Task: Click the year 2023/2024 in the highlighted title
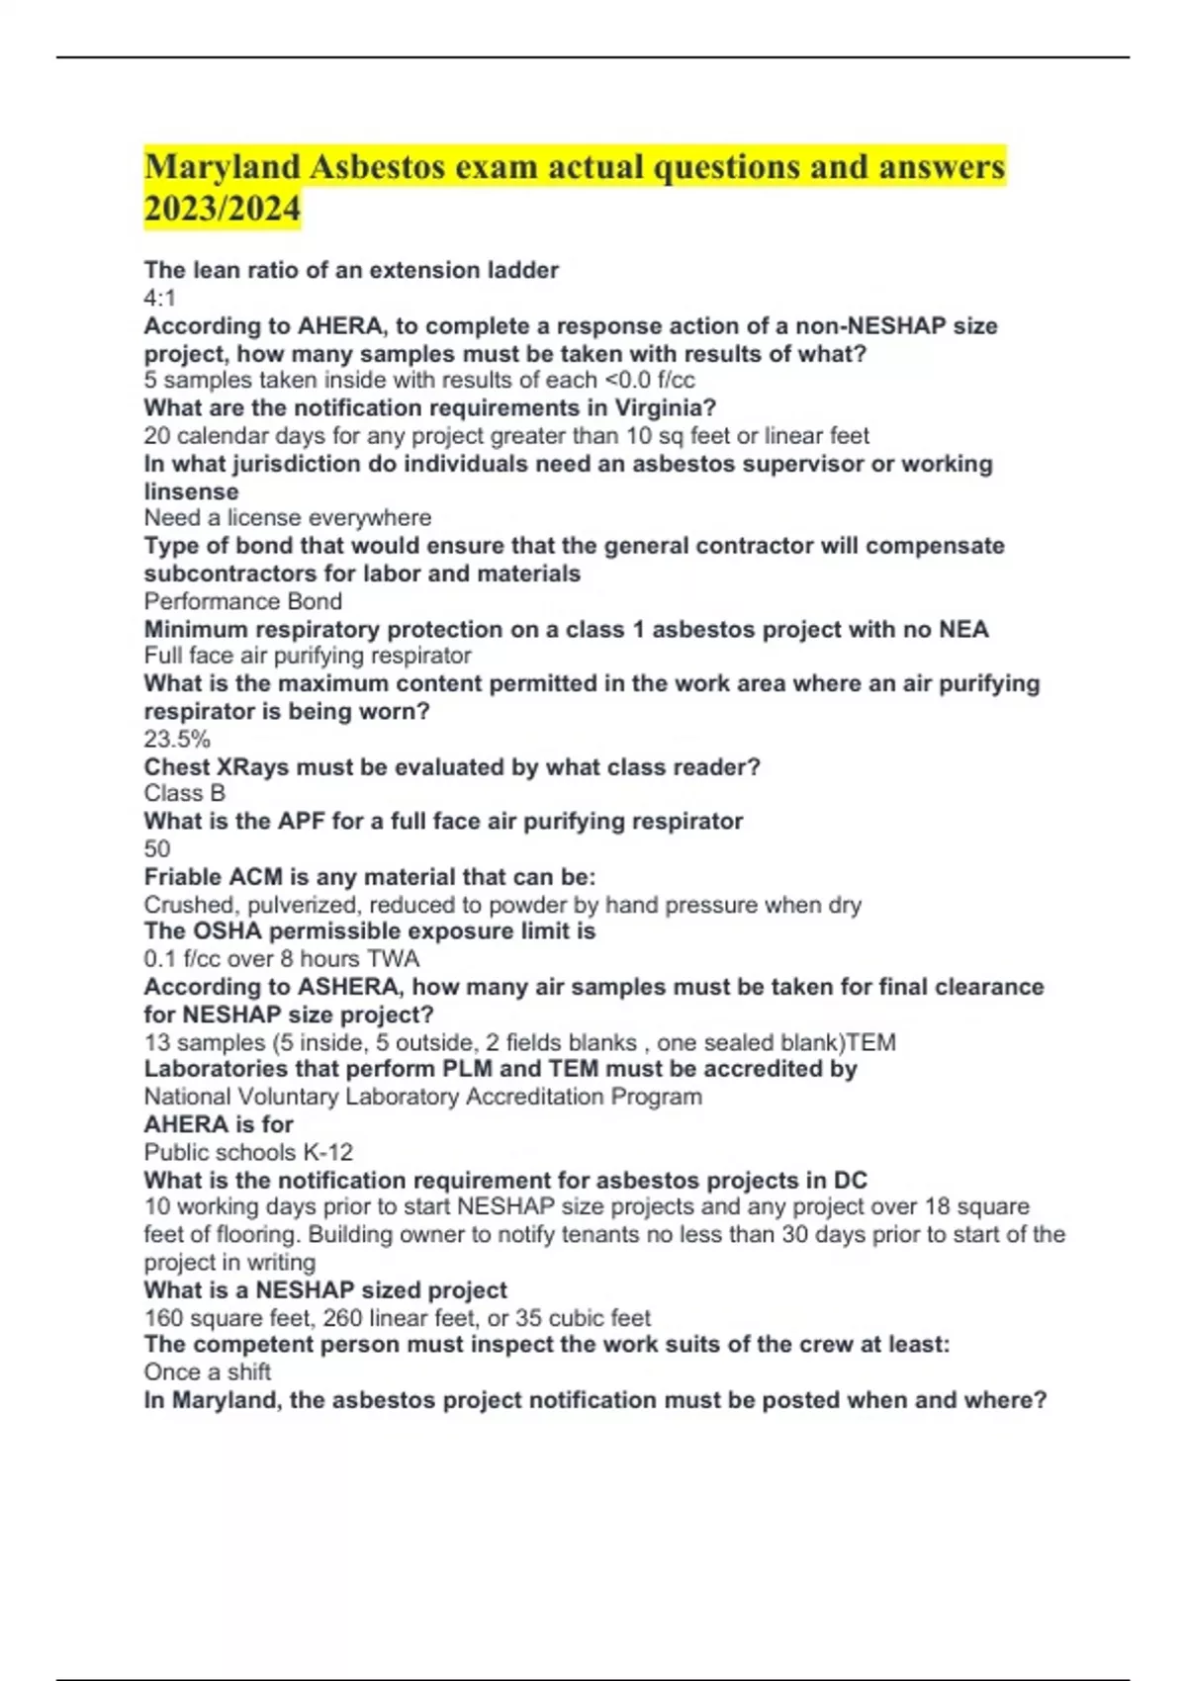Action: click(x=222, y=209)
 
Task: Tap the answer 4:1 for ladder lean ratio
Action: click(x=160, y=298)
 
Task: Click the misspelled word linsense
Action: click(x=191, y=491)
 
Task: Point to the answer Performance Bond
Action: click(x=243, y=601)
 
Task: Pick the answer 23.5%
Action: click(x=177, y=739)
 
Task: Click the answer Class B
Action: click(x=185, y=793)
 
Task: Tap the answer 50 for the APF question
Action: click(x=157, y=848)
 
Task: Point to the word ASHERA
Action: click(x=348, y=987)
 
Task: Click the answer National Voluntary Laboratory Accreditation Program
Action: click(x=423, y=1097)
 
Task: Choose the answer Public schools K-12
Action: click(x=248, y=1152)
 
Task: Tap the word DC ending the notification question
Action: click(x=850, y=1181)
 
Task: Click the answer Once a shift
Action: click(x=208, y=1371)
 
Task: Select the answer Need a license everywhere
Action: click(x=288, y=517)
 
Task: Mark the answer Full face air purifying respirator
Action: click(x=308, y=656)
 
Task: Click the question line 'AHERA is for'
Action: click(x=219, y=1124)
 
